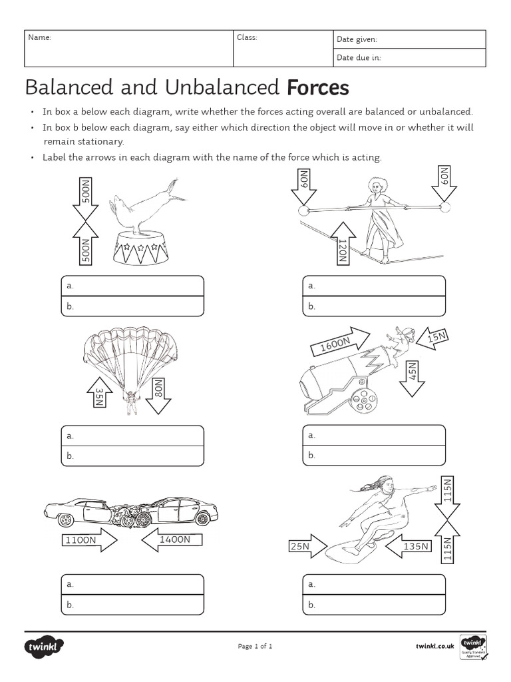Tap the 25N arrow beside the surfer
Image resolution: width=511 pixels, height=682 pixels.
305,547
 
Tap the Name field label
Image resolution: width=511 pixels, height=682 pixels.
39,38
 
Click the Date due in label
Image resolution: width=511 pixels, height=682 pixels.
359,58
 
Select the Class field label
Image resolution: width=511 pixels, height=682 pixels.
247,38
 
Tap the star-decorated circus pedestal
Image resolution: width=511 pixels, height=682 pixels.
139,249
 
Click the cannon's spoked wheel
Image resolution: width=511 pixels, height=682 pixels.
363,398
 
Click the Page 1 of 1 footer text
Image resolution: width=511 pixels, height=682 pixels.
255,646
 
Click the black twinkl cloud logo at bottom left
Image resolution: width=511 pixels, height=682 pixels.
44,646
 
